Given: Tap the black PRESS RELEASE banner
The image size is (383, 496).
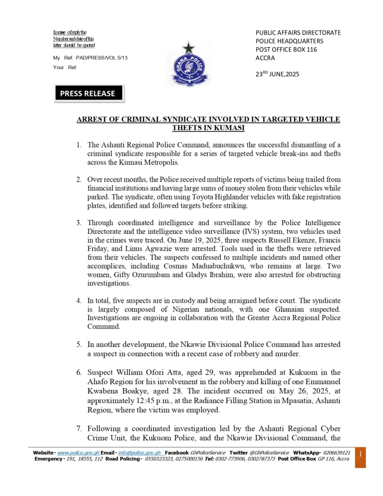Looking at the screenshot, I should coord(89,93).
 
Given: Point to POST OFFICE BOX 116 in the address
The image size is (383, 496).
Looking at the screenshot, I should coord(286,49).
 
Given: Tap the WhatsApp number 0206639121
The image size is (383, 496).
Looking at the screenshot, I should coord(335,452).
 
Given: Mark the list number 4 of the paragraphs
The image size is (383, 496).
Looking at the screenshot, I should coord(78,301).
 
